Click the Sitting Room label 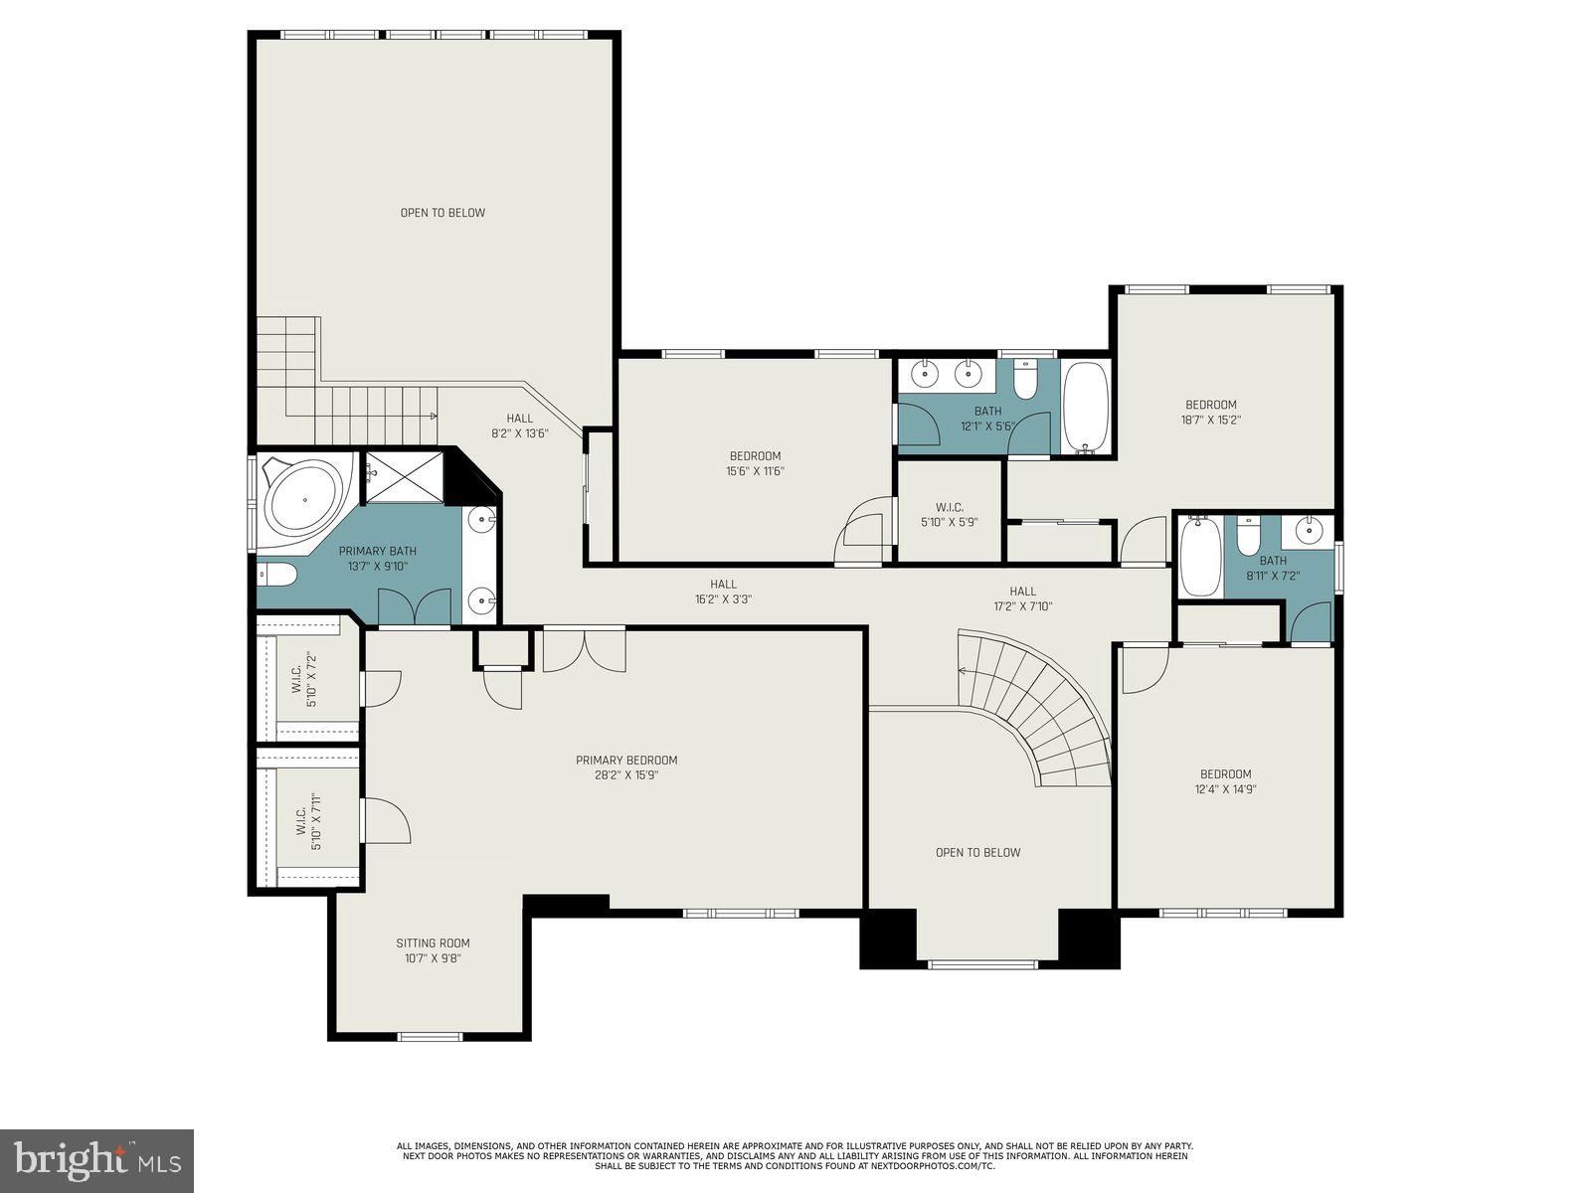433,943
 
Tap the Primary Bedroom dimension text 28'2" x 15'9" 626,775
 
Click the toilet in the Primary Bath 277,574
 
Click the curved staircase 1044,706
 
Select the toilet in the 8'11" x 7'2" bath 1249,537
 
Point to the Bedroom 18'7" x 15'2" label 1211,412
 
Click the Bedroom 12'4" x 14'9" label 1225,781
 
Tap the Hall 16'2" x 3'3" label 724,592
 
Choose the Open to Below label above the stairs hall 442,213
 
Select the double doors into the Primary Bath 415,607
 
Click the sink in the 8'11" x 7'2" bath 1311,529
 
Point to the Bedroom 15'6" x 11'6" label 756,463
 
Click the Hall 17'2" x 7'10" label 1022,598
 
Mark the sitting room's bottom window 430,1037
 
